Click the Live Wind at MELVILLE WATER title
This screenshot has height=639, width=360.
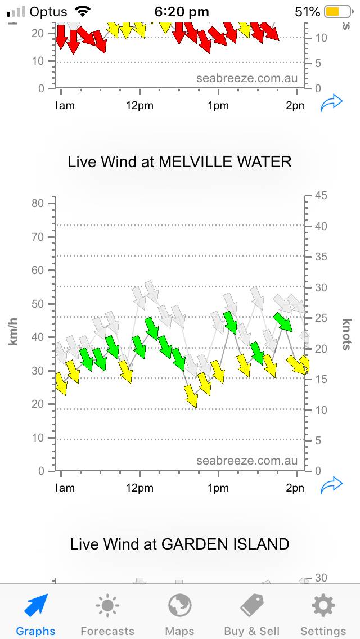179,162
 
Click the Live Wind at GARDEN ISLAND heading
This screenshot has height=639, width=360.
179,544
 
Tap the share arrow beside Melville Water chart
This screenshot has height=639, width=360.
331,485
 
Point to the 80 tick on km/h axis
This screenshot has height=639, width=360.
37,203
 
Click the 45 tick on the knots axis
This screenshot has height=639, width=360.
321,196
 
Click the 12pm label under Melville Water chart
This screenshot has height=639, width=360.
139,488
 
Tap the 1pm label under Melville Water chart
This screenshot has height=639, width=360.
218,488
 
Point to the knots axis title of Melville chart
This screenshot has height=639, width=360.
347,334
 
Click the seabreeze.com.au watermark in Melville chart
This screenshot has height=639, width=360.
247,461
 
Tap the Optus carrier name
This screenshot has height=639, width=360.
48,11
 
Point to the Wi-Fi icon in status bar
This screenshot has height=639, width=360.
83,11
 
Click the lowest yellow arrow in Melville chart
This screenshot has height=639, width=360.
191,396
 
